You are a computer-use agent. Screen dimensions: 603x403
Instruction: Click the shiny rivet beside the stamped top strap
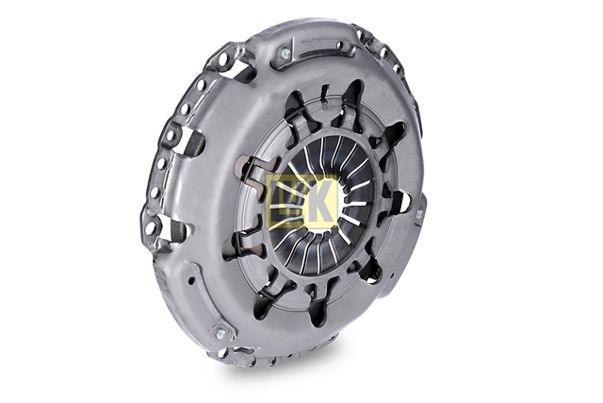pyautogui.click(x=285, y=54)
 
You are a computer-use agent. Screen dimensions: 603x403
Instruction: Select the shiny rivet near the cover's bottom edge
pyautogui.click(x=220, y=333)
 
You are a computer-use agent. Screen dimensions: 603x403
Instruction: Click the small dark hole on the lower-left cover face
pyautogui.click(x=190, y=281)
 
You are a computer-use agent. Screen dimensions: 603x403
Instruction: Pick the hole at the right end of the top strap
pyautogui.click(x=339, y=45)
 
